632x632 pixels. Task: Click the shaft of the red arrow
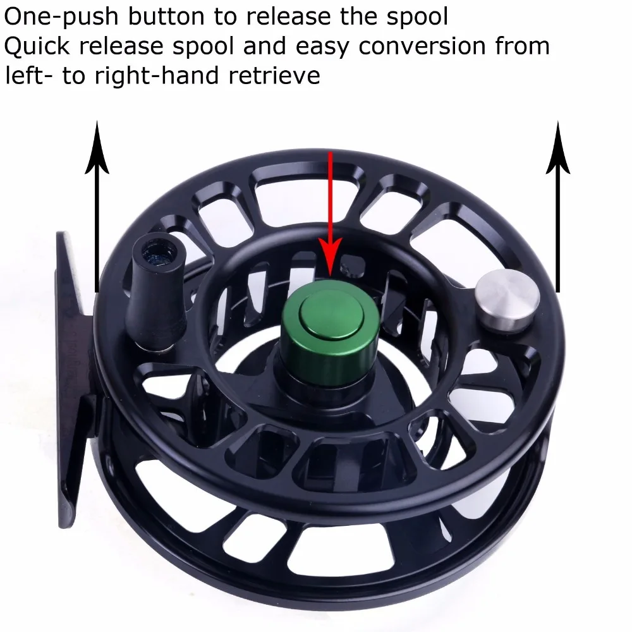click(x=329, y=202)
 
